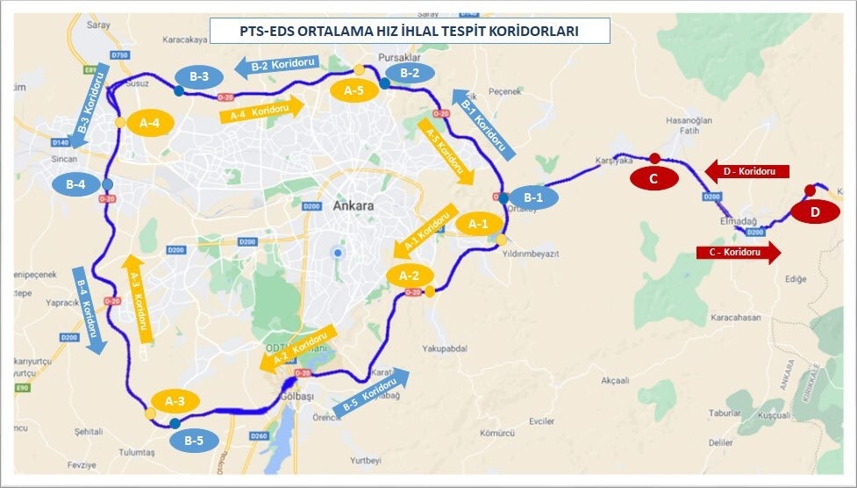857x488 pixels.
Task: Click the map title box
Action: tap(397, 32)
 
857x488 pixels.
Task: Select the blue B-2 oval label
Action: tap(410, 73)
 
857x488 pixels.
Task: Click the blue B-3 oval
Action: tap(199, 77)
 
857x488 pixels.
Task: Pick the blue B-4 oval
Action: tap(75, 185)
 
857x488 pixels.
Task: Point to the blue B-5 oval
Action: tap(194, 441)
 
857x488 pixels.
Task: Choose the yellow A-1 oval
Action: tap(479, 225)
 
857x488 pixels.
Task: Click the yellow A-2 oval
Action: tap(410, 276)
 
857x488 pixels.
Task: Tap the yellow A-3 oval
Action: tap(175, 402)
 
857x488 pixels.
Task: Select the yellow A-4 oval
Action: tap(150, 123)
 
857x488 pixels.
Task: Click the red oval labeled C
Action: tap(654, 178)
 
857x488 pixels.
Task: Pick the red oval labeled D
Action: tap(815, 212)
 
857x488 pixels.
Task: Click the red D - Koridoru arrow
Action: tap(746, 170)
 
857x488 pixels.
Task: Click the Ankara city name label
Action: tap(354, 206)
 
